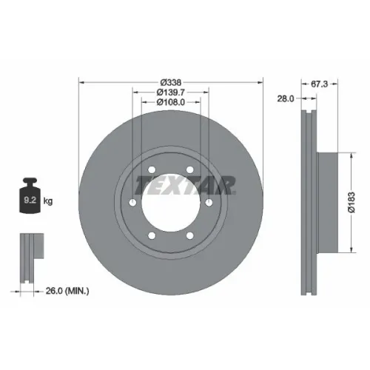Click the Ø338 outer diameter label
point(171,82)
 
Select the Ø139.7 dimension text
point(171,92)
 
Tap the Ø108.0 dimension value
point(171,102)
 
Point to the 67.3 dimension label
point(319,84)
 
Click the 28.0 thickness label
point(286,98)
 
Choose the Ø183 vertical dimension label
point(351,202)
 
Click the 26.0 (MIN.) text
point(67,291)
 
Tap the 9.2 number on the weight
point(30,200)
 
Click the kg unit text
point(48,201)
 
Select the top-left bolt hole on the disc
point(152,169)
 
